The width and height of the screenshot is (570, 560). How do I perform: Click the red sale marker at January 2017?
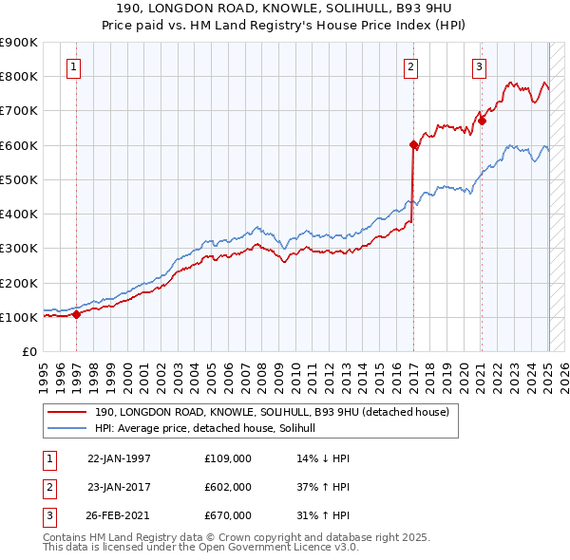(413, 145)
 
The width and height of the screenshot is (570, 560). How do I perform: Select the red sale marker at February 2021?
(482, 121)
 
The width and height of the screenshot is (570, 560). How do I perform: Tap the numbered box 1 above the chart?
(74, 66)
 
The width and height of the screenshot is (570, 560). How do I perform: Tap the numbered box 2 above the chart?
(410, 66)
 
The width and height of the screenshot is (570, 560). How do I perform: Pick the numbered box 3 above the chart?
(479, 66)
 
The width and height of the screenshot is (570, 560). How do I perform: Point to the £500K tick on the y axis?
(19, 179)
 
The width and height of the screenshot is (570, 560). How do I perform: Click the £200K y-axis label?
(19, 283)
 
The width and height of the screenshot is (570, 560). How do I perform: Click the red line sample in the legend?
(68, 412)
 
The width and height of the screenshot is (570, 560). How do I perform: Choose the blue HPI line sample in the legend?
(68, 429)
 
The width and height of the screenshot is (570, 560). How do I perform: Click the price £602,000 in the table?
(227, 487)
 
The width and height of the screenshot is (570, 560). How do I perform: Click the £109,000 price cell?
(227, 458)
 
